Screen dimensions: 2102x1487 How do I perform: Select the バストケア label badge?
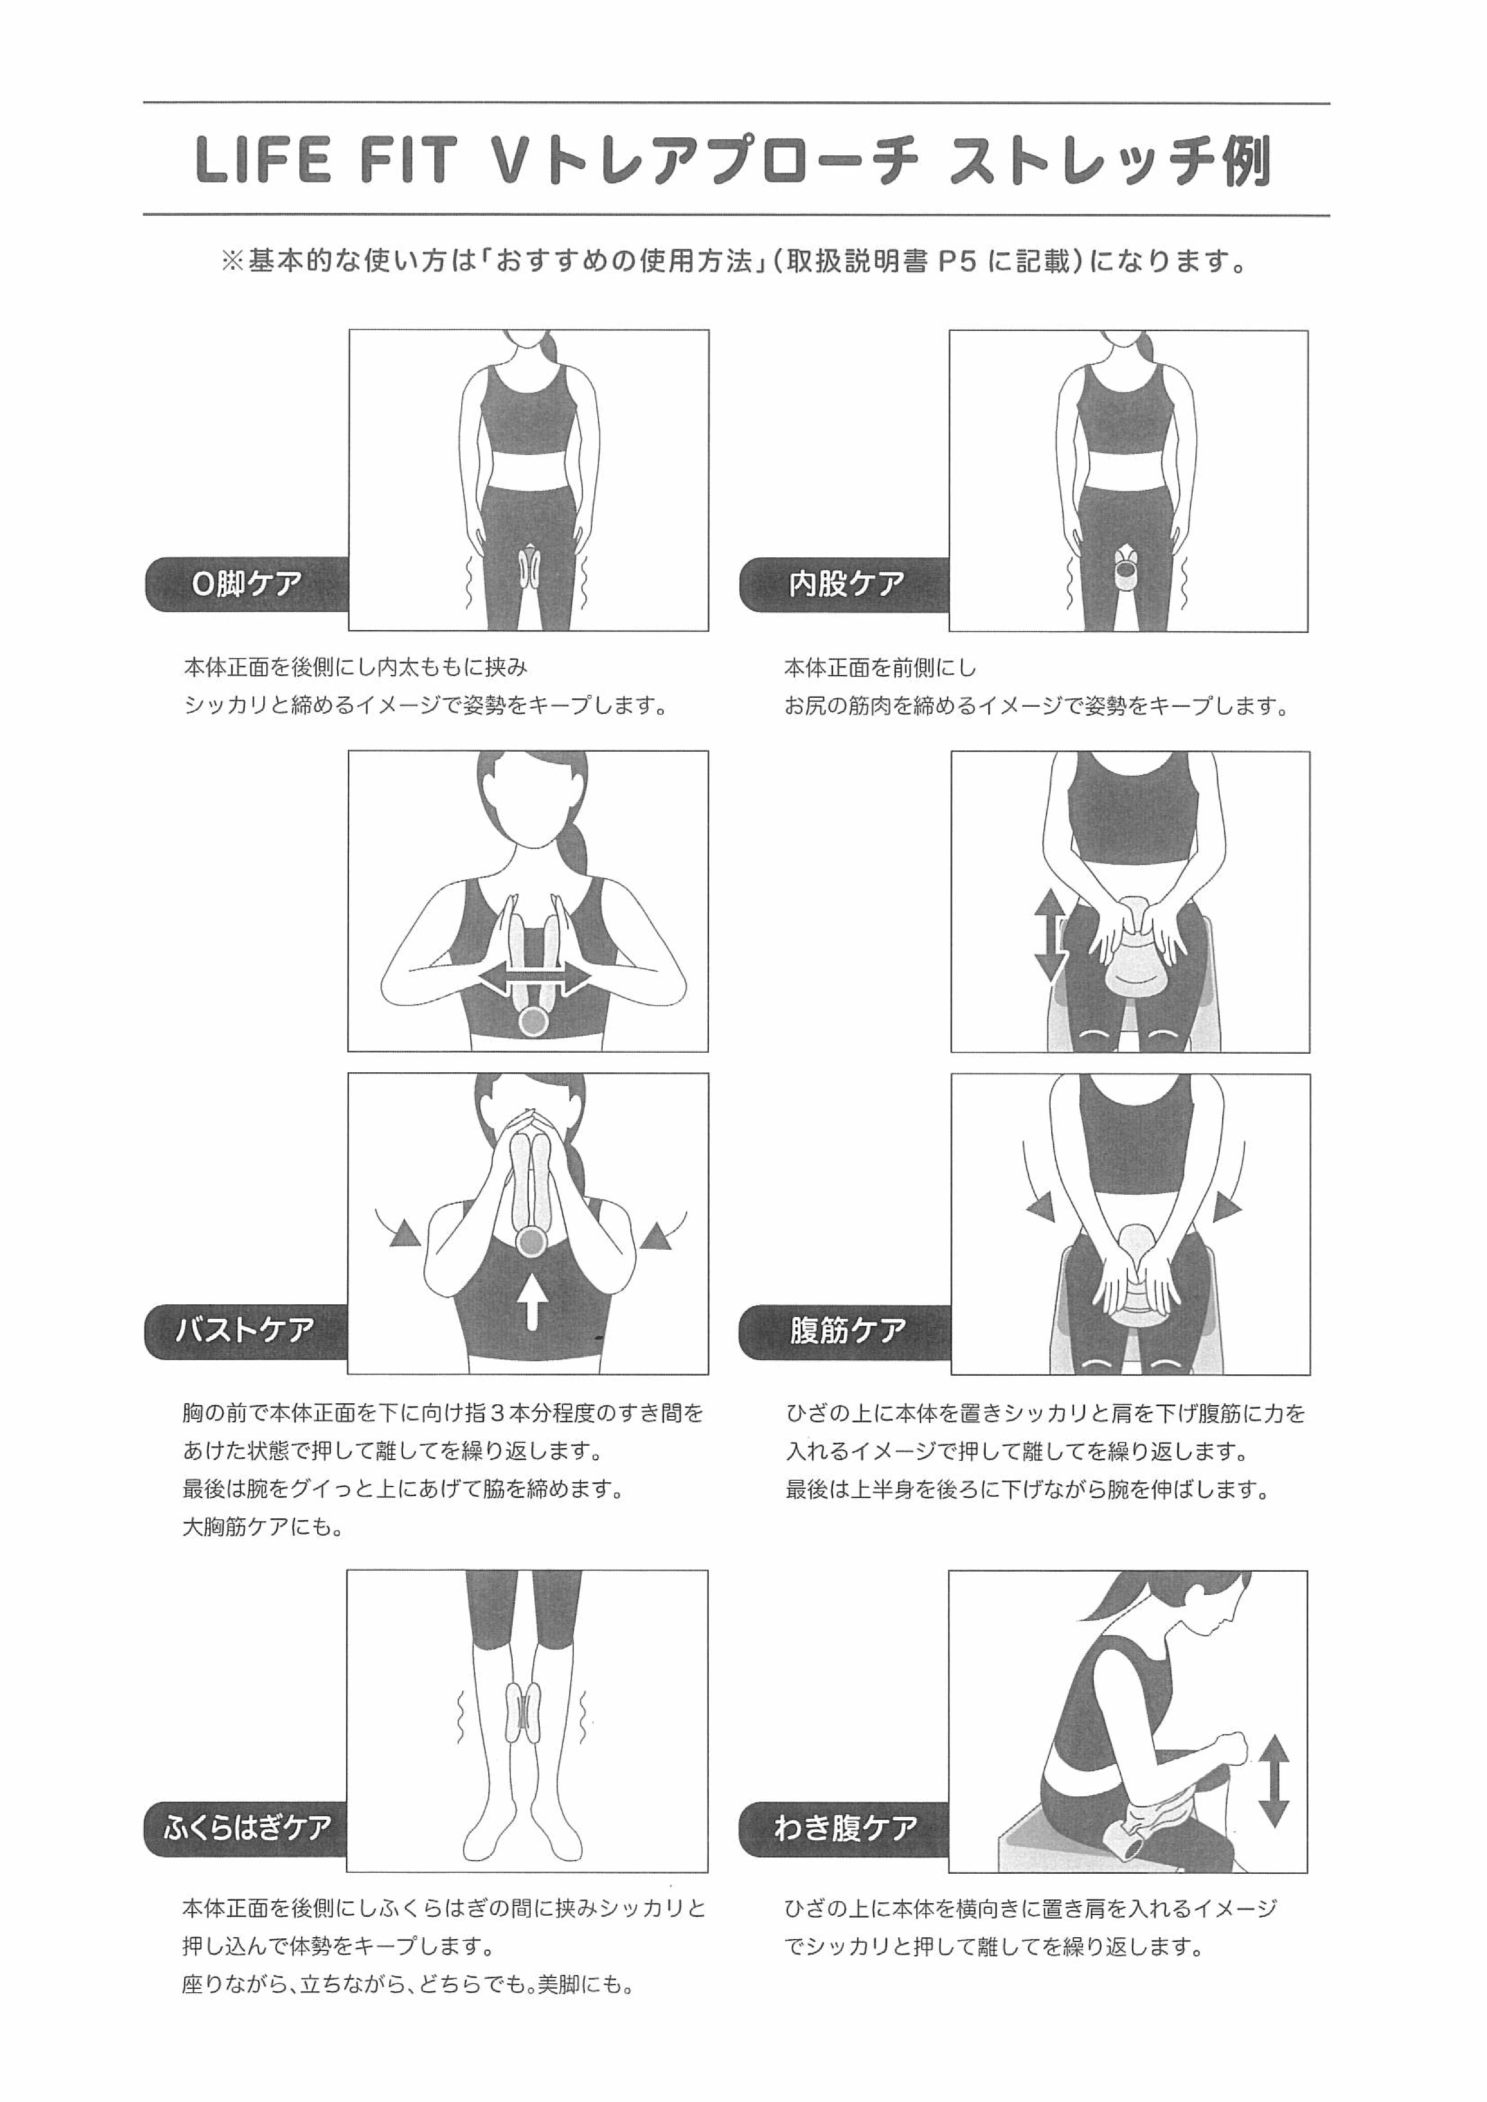pyautogui.click(x=245, y=1329)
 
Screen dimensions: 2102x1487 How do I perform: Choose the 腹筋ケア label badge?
pyautogui.click(x=844, y=1329)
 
